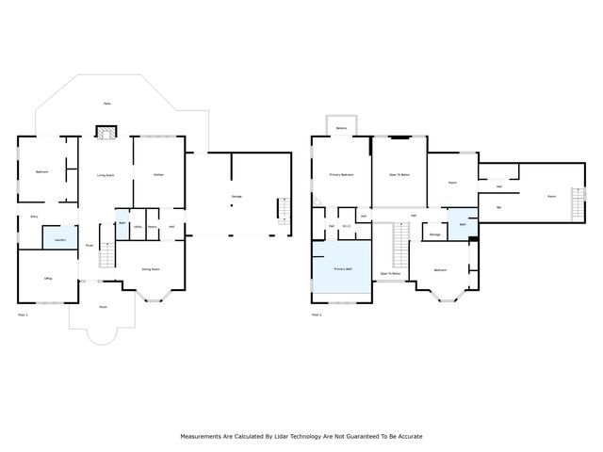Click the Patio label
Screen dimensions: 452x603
pos(107,104)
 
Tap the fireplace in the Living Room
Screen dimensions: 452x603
pos(105,134)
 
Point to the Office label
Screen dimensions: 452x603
pos(48,278)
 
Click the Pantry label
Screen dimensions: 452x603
pos(151,227)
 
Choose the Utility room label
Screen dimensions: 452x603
pos(137,227)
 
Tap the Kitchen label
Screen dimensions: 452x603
pos(158,174)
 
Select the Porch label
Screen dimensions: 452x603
pos(102,307)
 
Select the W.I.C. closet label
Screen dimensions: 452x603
pos(346,226)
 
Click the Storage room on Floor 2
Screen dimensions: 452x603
pos(434,234)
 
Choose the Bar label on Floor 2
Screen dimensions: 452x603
pos(498,205)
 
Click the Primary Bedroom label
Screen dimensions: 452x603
pos(341,174)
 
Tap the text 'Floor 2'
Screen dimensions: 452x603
pos(318,314)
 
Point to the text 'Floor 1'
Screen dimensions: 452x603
pos(24,314)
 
